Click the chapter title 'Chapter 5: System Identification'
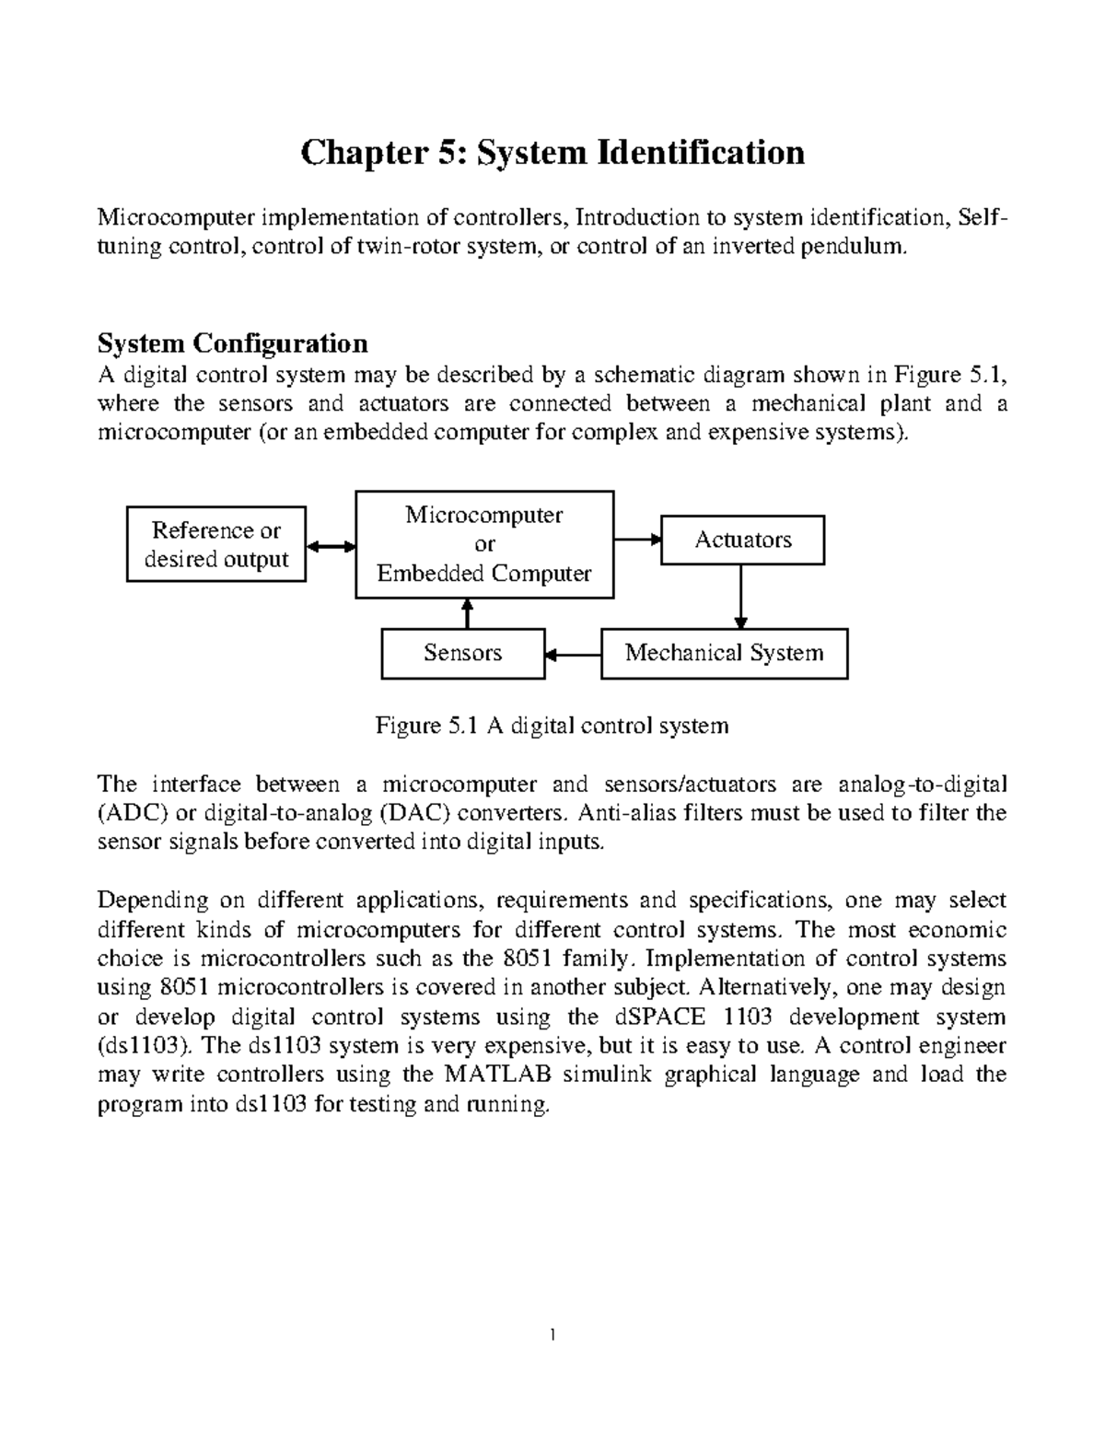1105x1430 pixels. (552, 152)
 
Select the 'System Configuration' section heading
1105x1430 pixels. (232, 343)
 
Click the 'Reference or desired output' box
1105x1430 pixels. (216, 544)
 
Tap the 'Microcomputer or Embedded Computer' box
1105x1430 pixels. (484, 544)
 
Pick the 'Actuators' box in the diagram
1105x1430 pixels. (742, 541)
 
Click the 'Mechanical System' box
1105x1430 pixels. (724, 654)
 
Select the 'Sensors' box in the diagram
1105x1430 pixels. (462, 654)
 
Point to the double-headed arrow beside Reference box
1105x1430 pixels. (331, 546)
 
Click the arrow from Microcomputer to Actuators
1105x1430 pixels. (638, 540)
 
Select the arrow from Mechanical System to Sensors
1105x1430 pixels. (573, 655)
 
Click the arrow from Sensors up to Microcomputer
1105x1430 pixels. (468, 613)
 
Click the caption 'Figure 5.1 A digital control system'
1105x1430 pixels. (552, 726)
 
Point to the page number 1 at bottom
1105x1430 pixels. (552, 1334)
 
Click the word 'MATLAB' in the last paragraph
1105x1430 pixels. (498, 1075)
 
